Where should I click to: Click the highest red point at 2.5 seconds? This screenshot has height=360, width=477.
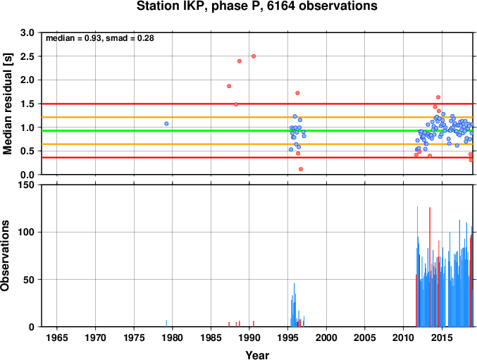(254, 56)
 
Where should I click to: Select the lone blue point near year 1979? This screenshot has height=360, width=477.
(166, 124)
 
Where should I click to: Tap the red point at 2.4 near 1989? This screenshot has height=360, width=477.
(240, 61)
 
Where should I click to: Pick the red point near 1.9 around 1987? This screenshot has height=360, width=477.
(229, 86)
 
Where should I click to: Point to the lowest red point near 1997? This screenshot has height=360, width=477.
(301, 169)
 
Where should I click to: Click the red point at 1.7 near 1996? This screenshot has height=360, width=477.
(297, 93)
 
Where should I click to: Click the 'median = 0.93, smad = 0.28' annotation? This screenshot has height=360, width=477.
(100, 38)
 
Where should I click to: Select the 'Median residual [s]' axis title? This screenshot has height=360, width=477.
(7, 104)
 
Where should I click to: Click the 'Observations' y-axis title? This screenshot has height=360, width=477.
(5, 256)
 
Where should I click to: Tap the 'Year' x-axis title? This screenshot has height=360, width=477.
(257, 355)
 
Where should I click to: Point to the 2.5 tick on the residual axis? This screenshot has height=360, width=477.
(28, 56)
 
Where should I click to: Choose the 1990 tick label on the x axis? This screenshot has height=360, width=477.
(249, 337)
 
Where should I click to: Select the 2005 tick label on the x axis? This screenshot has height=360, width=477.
(365, 337)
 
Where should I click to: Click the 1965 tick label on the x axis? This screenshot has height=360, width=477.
(57, 337)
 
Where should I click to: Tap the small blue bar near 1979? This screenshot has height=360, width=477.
(166, 323)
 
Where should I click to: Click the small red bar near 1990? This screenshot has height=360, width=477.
(254, 324)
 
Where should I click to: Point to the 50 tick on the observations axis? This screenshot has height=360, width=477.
(29, 280)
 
